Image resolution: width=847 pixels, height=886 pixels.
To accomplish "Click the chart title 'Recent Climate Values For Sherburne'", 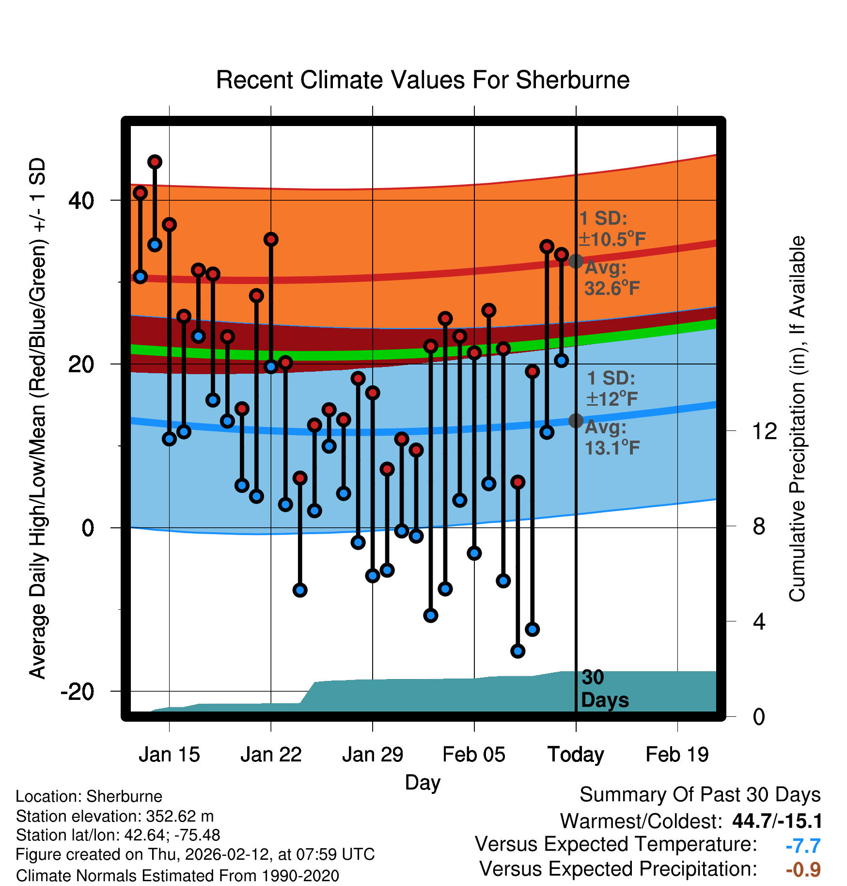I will coord(423,80).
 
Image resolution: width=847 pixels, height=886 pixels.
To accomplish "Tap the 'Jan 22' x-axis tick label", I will coord(271,755).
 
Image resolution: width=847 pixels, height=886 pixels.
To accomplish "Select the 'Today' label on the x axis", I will coord(576,755).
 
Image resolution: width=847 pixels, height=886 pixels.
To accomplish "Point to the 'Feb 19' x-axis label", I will coord(677,755).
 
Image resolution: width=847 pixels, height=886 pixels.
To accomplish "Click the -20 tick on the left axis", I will coord(77,691).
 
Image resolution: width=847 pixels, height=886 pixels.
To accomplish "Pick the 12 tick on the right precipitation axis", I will coord(765,431).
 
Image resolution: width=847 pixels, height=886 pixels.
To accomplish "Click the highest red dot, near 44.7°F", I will coord(155,162).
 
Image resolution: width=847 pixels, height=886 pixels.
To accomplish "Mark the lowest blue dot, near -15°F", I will coord(518,651).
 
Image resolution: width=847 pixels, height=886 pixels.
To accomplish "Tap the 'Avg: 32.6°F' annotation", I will coord(612,278).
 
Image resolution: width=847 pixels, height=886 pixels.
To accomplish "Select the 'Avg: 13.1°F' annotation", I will coord(612,438).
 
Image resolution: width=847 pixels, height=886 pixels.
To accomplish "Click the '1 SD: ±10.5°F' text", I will coord(612,229).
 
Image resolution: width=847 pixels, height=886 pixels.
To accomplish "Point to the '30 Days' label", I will coord(604,689).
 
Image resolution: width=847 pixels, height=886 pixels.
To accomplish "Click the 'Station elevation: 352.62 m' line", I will coord(115,816).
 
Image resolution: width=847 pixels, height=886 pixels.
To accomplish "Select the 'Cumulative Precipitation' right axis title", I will coord(797,419).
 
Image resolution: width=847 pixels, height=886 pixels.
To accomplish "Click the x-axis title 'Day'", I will coord(423,782).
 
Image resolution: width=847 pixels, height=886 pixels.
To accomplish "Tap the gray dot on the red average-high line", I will coord(576,261).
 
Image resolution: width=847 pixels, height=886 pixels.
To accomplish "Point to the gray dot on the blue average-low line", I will coord(576,421).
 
